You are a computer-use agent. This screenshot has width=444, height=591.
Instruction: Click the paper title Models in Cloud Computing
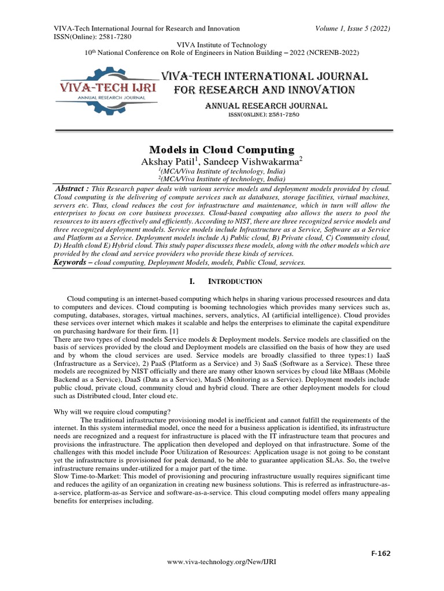(222, 149)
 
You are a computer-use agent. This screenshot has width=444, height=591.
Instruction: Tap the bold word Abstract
(72, 189)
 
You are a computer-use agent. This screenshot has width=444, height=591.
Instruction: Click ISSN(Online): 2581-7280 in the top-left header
(92, 36)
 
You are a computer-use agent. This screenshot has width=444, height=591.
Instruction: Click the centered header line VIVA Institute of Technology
(222, 45)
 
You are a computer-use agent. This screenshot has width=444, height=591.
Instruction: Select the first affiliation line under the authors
(222, 171)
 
